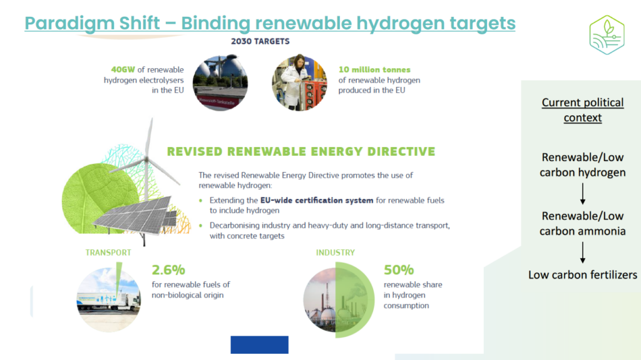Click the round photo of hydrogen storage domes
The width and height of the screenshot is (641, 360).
[220, 83]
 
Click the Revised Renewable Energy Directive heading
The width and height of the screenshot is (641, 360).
[300, 152]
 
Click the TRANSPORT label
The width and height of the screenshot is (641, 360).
[108, 252]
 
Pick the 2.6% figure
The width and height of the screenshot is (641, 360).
[168, 270]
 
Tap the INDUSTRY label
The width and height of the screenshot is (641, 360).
[335, 252]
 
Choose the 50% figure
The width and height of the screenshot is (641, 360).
[399, 270]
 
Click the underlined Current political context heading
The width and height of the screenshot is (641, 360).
[583, 110]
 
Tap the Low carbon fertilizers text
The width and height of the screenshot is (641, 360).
[583, 274]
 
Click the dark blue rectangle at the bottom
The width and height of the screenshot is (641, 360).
[259, 344]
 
